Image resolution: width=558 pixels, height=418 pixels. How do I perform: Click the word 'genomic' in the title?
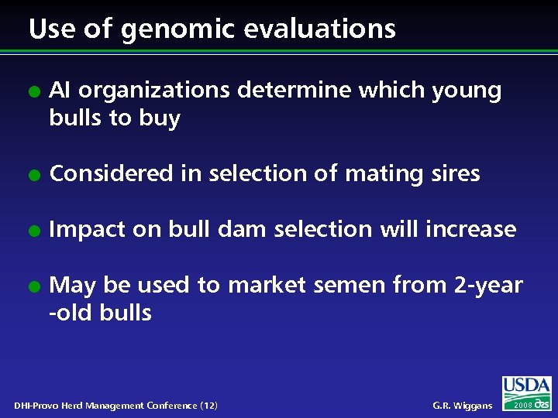166,30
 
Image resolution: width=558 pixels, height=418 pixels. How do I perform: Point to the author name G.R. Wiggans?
462,406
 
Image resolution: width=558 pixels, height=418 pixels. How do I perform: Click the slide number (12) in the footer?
208,406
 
